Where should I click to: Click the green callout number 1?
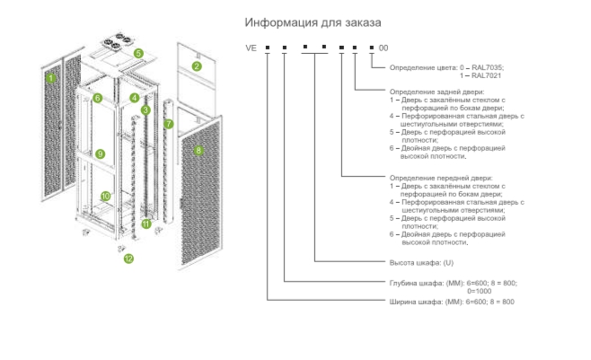click(50, 78)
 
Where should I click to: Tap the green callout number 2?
click(197, 66)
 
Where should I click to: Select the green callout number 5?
click(138, 54)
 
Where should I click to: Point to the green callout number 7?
click(169, 124)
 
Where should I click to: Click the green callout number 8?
click(198, 151)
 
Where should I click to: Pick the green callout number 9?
click(100, 154)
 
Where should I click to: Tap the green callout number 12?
click(128, 259)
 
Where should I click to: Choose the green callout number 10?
click(106, 197)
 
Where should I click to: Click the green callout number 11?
click(146, 224)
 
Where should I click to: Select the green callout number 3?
click(146, 110)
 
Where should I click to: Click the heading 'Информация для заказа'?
click(313, 22)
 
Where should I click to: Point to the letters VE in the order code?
click(251, 48)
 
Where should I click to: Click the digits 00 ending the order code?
click(384, 48)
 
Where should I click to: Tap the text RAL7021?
click(486, 75)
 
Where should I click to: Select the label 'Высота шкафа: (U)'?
click(421, 263)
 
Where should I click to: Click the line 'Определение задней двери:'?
click(437, 92)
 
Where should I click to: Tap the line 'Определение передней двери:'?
click(441, 178)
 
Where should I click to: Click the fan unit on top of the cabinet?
click(117, 41)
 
